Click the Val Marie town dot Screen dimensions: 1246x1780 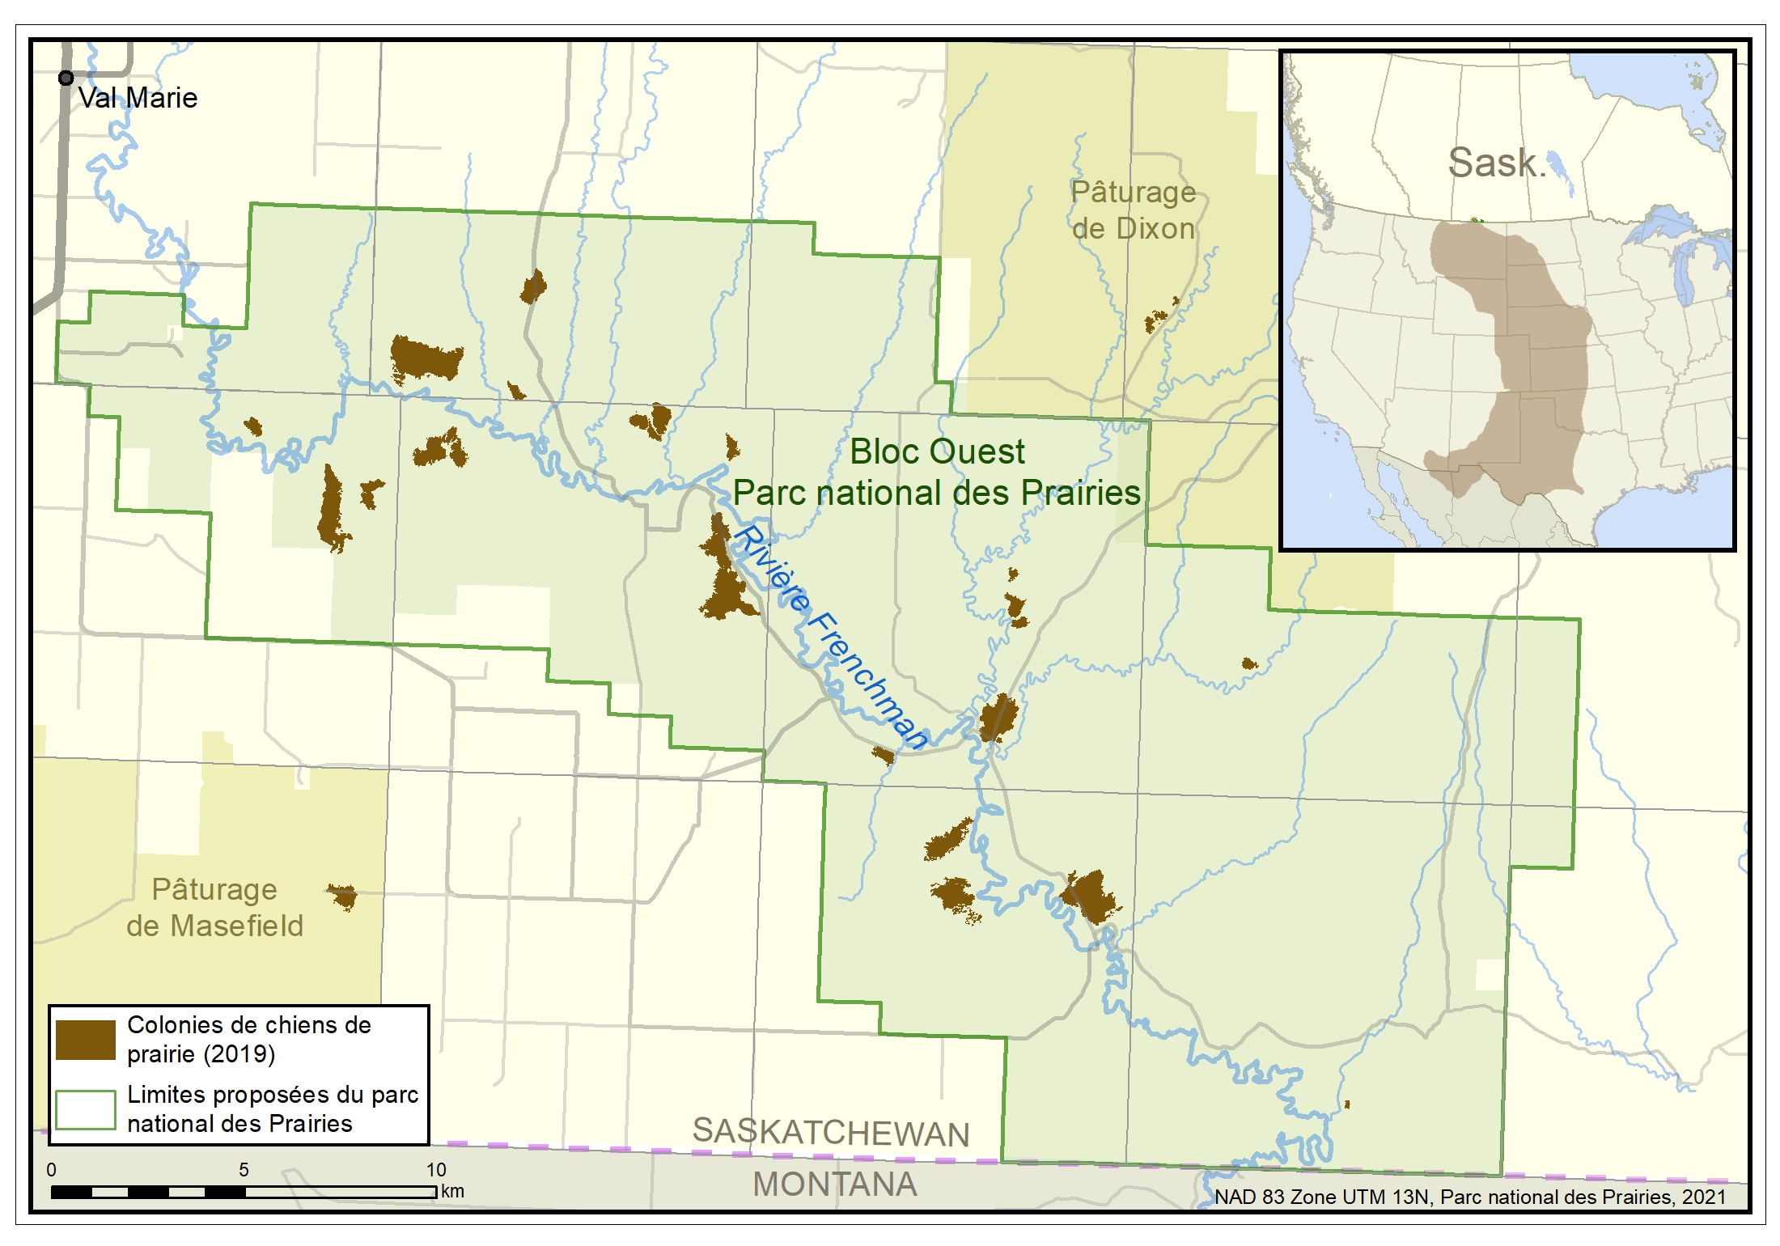coord(66,78)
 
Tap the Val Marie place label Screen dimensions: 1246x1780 coord(138,98)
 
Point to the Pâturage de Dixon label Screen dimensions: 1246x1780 coord(1133,210)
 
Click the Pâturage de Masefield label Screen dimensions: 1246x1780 coord(214,907)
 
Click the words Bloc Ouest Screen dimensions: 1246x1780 coord(937,451)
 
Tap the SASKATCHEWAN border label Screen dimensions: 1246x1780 coord(831,1133)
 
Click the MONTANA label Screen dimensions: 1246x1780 coord(834,1185)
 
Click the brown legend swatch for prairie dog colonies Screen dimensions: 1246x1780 coord(86,1040)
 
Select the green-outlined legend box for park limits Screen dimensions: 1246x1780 coord(86,1109)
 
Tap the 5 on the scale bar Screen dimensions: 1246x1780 coord(244,1170)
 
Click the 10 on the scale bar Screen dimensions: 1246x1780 coord(436,1170)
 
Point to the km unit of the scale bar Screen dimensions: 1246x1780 coord(452,1191)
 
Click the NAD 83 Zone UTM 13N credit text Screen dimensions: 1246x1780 coord(1469,1197)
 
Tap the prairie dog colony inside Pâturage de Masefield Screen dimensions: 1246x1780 coord(344,896)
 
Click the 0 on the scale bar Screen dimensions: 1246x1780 coord(52,1170)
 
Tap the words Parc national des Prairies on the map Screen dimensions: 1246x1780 coord(937,493)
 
